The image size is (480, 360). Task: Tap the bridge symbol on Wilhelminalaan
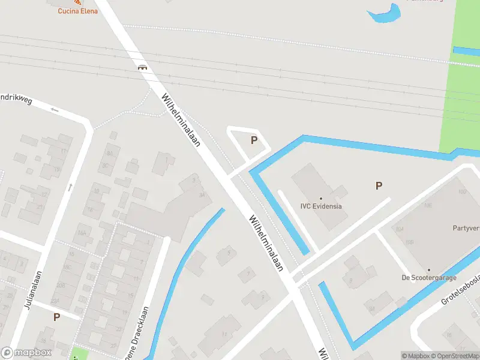[143, 67]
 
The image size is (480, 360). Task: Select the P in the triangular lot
[254, 140]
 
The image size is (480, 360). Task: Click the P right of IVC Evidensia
[379, 186]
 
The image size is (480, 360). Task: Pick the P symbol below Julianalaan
[57, 317]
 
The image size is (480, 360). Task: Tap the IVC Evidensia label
[321, 206]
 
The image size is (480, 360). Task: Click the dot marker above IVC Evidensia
[321, 198]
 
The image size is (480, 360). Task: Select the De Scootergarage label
[429, 278]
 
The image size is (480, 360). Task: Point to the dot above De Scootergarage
[429, 270]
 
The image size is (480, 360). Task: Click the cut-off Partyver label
[466, 228]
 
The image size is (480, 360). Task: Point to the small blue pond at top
[384, 14]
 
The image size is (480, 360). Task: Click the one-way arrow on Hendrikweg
[55, 109]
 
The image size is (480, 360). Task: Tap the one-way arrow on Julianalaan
[70, 187]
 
